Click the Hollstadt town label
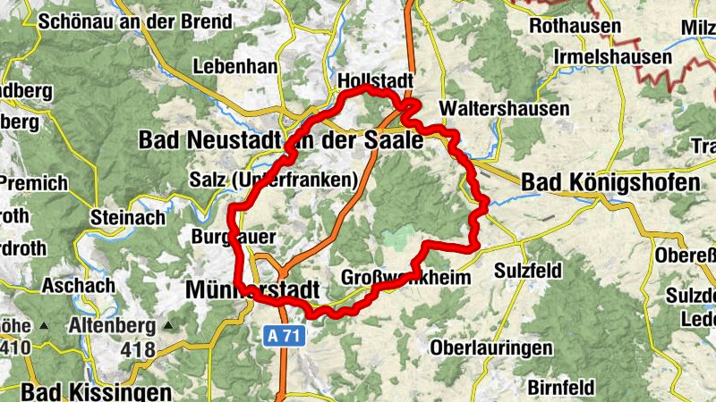[375, 80]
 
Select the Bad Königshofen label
[610, 182]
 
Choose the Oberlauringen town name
[491, 348]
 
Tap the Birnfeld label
[560, 387]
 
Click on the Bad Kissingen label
[97, 391]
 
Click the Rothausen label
[575, 27]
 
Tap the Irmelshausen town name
[612, 56]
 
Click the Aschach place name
[79, 286]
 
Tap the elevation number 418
[137, 348]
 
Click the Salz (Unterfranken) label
[274, 180]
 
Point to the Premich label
[33, 182]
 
